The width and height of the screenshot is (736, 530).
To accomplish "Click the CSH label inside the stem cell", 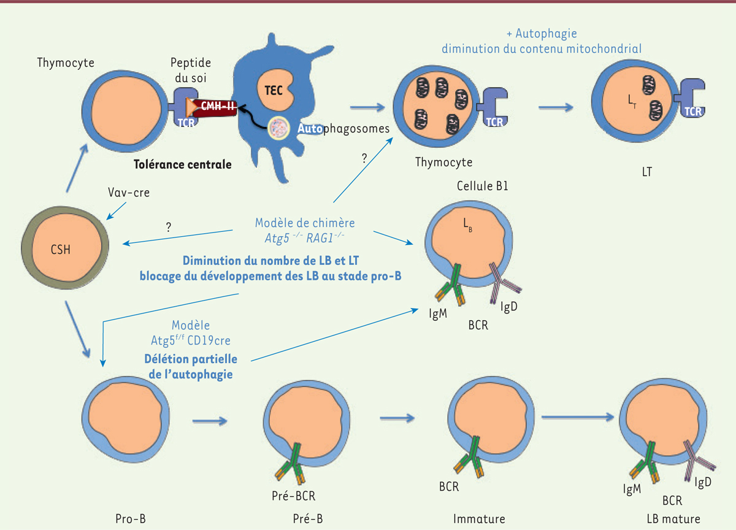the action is [x=61, y=250].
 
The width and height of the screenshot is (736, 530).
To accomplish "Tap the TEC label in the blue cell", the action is [x=274, y=90].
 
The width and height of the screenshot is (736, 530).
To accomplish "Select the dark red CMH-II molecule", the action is [x=215, y=107].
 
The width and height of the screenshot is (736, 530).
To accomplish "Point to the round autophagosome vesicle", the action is [x=279, y=128].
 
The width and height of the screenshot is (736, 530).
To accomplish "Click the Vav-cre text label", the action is [x=129, y=192].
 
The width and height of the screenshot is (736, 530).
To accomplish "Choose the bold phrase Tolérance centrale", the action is [x=183, y=164].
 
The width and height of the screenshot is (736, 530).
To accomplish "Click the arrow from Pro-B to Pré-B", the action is [x=210, y=421].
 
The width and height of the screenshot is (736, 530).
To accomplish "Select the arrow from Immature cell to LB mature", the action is [x=578, y=417].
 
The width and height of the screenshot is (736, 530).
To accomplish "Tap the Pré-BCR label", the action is [x=293, y=496].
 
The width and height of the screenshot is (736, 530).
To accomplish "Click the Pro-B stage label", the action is [x=131, y=518].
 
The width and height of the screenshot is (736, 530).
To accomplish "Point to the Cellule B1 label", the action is [x=482, y=186].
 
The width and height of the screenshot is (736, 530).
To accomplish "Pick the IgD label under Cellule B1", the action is [x=508, y=307].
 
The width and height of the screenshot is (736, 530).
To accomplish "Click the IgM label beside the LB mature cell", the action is [x=632, y=490].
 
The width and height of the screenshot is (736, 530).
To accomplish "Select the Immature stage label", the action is [x=479, y=519].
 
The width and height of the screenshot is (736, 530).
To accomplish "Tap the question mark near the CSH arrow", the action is [x=169, y=228].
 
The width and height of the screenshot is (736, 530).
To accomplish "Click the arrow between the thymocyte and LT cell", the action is [x=556, y=107].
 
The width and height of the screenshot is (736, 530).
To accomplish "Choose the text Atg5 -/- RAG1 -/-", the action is [x=305, y=237].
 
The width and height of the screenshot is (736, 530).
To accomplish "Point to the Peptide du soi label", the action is [x=191, y=70].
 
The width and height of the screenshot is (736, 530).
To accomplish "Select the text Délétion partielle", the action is [x=191, y=359].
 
